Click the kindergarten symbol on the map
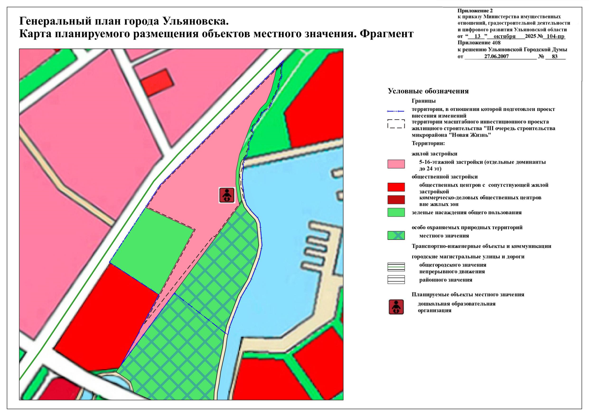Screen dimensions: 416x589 227,195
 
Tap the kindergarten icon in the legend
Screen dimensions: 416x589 396,307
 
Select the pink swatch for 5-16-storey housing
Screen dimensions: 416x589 396,164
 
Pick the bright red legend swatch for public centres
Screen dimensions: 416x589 396,187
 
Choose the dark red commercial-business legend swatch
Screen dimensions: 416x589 396,200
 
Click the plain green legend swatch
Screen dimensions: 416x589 396,213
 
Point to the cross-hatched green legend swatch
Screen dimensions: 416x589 396,235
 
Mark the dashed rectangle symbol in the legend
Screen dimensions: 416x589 396,124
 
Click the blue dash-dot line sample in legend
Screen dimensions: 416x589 396,111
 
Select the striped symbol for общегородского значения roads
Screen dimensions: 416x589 396,267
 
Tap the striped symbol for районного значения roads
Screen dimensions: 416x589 396,279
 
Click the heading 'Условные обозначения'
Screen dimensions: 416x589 428,91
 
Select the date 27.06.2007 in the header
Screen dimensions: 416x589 496,57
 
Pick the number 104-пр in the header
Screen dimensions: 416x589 555,36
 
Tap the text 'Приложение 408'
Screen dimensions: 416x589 479,43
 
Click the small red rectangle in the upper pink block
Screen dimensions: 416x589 158,82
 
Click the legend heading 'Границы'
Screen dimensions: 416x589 423,101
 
